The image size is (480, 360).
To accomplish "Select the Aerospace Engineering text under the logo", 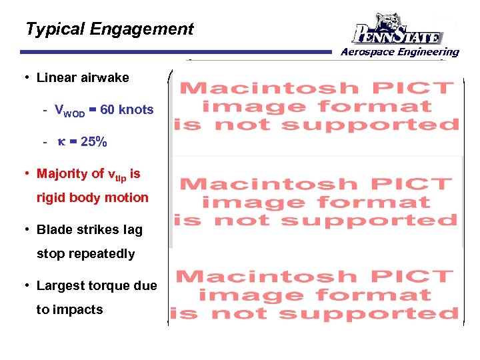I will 399,52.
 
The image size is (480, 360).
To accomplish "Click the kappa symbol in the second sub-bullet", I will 61,142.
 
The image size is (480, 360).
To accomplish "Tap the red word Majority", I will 62,174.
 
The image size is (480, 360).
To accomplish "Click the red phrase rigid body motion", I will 93,198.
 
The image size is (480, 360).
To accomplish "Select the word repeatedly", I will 99,254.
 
